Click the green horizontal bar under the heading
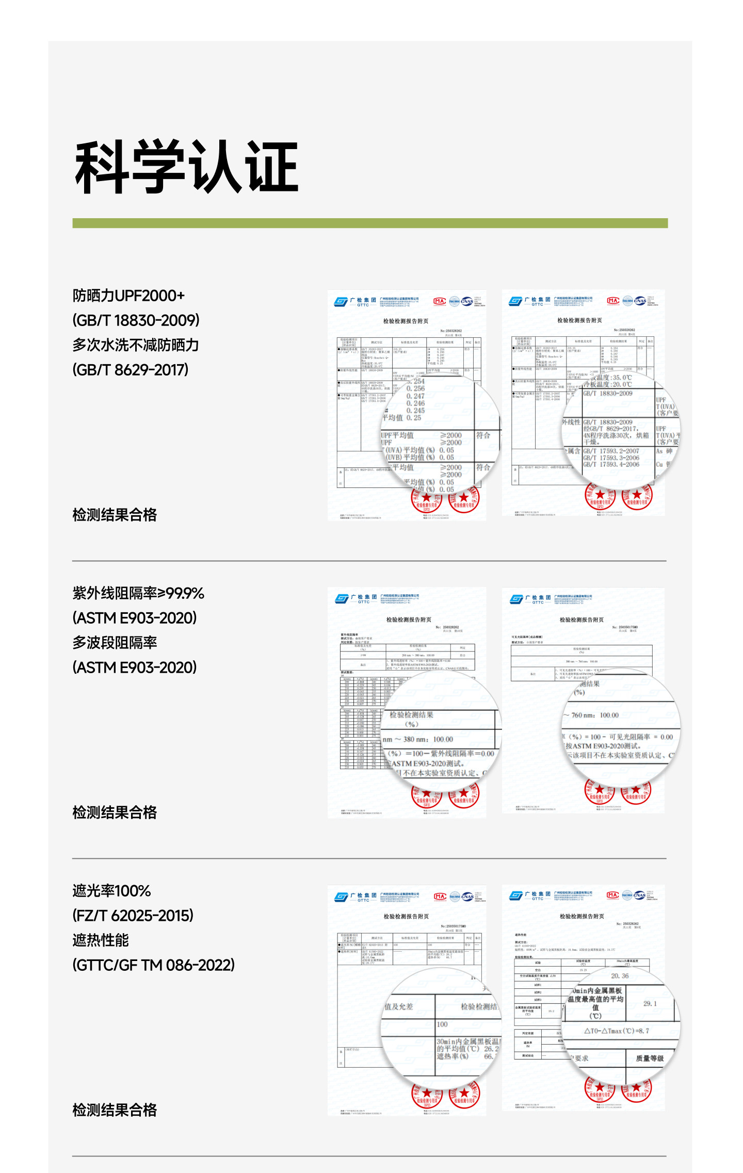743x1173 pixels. click(369, 223)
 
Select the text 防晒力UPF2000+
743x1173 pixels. click(128, 296)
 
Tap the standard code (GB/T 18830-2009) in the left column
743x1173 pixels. click(136, 320)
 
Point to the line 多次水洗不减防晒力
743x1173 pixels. click(135, 345)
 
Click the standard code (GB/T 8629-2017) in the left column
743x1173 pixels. click(131, 370)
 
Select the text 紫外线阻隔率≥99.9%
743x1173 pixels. click(138, 593)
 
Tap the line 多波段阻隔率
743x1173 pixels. click(115, 643)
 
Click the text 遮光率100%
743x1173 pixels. click(111, 891)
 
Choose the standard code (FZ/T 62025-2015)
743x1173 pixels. click(133, 916)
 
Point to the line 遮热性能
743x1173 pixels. click(101, 940)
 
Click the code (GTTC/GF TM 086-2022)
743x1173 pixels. click(154, 965)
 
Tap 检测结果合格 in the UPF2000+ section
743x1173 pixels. click(115, 515)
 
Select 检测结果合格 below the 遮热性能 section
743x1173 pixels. click(115, 1110)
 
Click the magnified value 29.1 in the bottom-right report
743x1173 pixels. click(650, 1004)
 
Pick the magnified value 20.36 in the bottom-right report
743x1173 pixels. click(620, 976)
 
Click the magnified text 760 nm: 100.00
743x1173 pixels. click(595, 715)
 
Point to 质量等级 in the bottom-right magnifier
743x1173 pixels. click(650, 1058)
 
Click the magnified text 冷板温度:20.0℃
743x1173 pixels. click(609, 384)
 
